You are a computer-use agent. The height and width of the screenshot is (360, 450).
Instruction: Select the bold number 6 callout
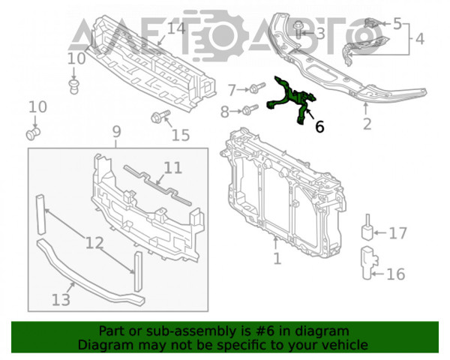(x=319, y=127)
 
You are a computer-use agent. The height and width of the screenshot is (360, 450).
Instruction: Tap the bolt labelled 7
(x=256, y=88)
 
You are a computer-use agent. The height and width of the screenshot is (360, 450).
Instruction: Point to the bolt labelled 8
(x=250, y=109)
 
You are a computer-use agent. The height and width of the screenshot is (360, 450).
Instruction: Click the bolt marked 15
(x=160, y=116)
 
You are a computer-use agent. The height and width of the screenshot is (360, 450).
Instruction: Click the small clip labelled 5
(x=372, y=23)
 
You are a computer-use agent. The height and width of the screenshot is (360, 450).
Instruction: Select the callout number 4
(x=419, y=39)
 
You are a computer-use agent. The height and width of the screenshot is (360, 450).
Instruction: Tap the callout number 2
(x=367, y=124)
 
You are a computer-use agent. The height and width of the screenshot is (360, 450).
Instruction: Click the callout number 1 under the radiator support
(x=277, y=259)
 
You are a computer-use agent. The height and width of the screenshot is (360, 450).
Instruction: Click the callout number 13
(x=61, y=300)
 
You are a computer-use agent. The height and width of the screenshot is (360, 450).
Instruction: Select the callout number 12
(x=94, y=243)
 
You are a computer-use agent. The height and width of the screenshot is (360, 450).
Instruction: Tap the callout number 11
(x=172, y=168)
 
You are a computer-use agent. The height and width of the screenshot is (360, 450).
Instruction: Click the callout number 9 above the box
(x=116, y=132)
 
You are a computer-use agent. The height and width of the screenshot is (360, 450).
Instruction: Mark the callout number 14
(x=175, y=28)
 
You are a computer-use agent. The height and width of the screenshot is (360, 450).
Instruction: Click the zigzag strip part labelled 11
(x=157, y=185)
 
